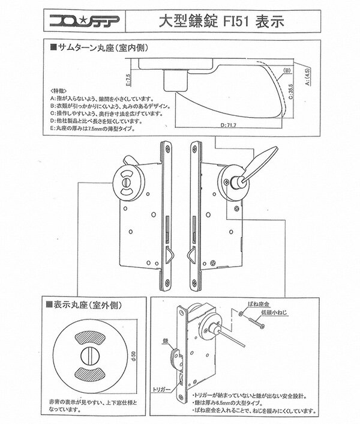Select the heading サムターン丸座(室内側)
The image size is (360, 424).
click(x=102, y=47)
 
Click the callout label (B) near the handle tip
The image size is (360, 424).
click(x=287, y=70)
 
